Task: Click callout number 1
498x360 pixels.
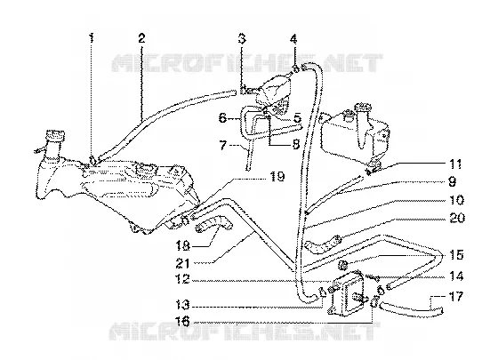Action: pos(91,38)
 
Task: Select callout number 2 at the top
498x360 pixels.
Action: pos(141,38)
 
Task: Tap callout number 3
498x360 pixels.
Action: pos(242,39)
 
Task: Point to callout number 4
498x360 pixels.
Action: pos(293,39)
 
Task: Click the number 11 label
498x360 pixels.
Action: pos(454,164)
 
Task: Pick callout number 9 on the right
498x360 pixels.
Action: pos(452,182)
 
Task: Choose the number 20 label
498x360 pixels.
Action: pos(458,218)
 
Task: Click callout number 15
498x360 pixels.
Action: pos(456,255)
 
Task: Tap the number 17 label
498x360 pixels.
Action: pos(456,298)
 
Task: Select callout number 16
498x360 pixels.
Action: pos(183,322)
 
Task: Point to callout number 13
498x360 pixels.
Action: pos(182,306)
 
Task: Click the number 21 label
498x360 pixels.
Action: pos(182,263)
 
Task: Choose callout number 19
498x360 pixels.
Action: pos(277,176)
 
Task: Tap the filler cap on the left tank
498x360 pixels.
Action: pos(55,135)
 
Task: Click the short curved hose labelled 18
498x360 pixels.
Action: pos(214,223)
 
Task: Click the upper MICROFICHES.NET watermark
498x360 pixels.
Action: pos(247,63)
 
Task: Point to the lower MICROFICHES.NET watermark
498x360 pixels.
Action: pos(245,332)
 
